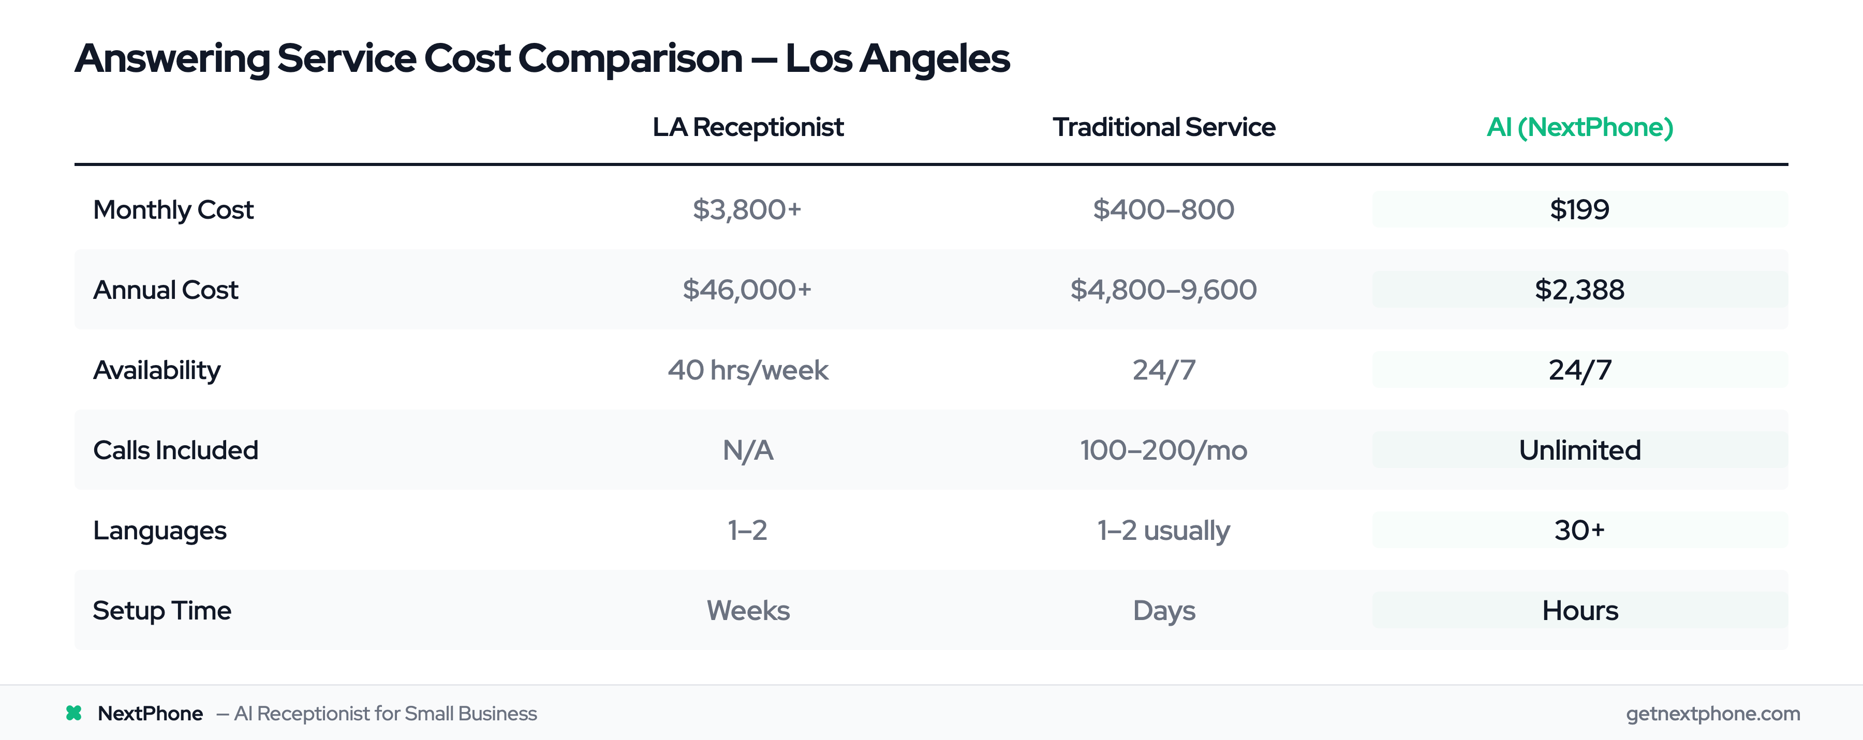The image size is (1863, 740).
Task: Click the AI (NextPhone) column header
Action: [1579, 127]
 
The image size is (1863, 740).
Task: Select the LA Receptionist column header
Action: [748, 127]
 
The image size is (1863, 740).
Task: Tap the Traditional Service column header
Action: [1164, 127]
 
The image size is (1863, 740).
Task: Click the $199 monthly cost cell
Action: [1579, 209]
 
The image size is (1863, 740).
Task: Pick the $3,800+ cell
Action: [747, 209]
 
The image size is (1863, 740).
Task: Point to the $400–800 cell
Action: [1164, 209]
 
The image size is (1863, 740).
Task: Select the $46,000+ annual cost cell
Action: [747, 290]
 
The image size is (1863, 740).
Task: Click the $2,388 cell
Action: [1579, 290]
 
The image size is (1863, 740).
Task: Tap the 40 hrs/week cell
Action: [748, 370]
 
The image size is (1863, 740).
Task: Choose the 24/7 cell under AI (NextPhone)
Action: [1579, 370]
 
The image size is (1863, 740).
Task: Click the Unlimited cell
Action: [1579, 450]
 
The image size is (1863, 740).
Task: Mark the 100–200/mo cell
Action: [1164, 450]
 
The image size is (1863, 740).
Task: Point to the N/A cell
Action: [748, 450]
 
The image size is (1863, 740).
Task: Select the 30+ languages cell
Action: [1579, 531]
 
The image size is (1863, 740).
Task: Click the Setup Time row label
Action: [162, 611]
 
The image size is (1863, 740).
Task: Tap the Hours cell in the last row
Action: [1579, 611]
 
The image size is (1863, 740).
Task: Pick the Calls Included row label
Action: [176, 450]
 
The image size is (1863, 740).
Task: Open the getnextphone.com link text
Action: [1712, 713]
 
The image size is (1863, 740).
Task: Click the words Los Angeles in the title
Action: [897, 58]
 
